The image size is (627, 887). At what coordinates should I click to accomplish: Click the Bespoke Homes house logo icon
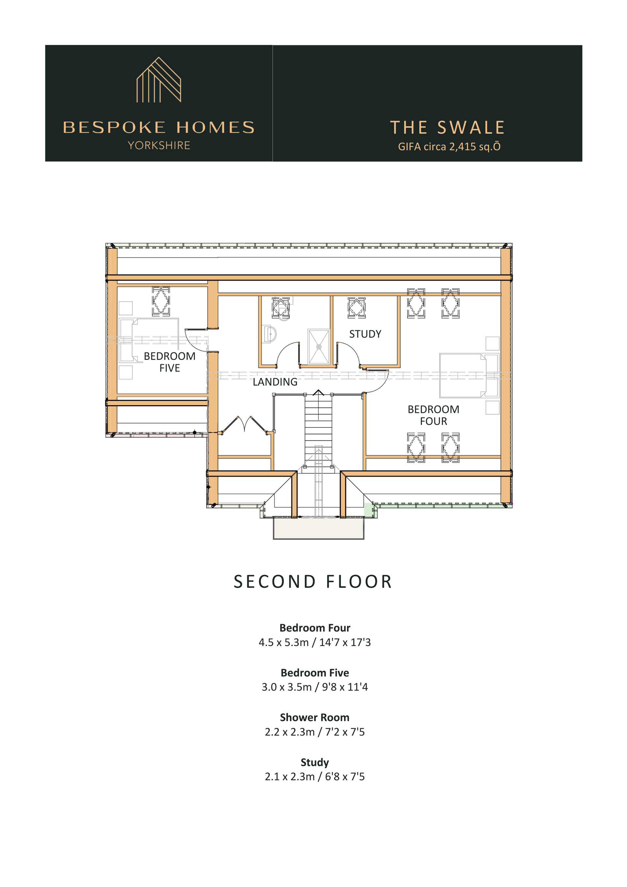pyautogui.click(x=159, y=80)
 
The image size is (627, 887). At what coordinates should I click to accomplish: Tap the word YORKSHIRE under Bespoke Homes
pyautogui.click(x=159, y=145)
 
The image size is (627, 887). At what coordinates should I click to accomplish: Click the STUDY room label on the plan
pyautogui.click(x=365, y=334)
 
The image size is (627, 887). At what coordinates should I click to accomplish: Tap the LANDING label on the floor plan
pyautogui.click(x=275, y=382)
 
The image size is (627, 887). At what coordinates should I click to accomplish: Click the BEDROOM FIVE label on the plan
pyautogui.click(x=169, y=362)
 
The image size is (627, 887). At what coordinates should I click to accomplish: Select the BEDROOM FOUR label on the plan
pyautogui.click(x=433, y=415)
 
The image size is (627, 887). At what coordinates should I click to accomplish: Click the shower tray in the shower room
pyautogui.click(x=319, y=347)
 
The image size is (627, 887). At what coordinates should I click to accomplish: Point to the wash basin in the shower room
pyautogui.click(x=270, y=334)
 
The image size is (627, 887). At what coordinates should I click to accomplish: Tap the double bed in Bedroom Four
pyautogui.click(x=469, y=375)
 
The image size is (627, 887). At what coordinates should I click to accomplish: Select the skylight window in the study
pyautogui.click(x=356, y=308)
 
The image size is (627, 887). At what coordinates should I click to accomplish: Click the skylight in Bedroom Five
pyautogui.click(x=161, y=301)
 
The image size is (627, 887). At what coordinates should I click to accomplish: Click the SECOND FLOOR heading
pyautogui.click(x=313, y=582)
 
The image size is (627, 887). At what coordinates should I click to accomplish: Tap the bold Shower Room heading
pyautogui.click(x=314, y=718)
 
